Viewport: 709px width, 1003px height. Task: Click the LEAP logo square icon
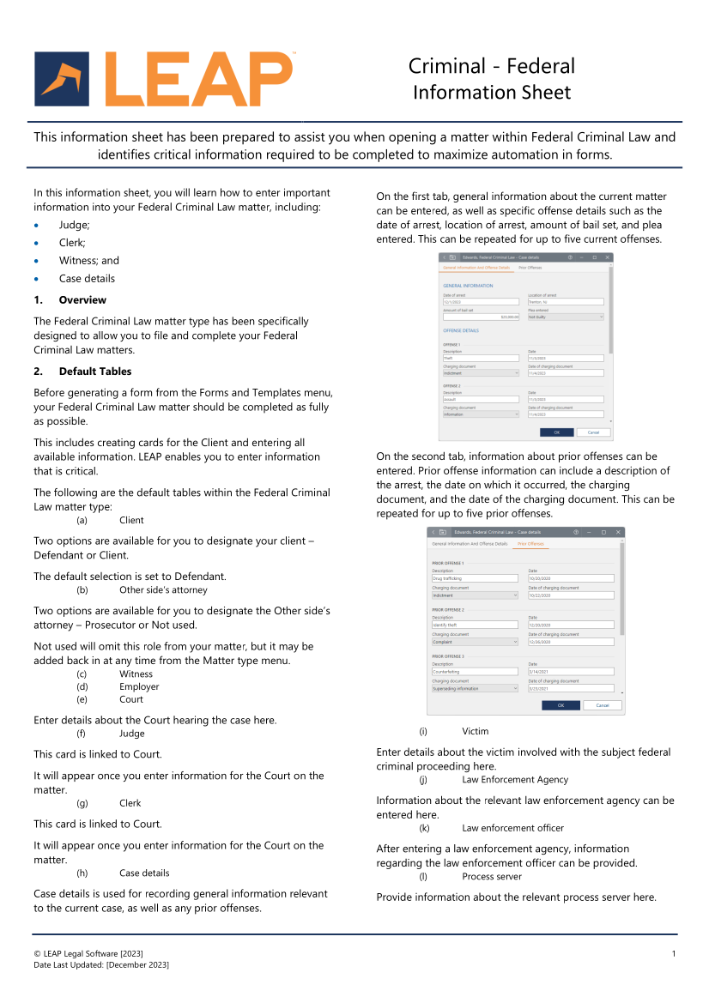62,79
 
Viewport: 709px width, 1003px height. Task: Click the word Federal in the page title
541,66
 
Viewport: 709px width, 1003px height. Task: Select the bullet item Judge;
74,225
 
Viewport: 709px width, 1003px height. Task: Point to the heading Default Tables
95,372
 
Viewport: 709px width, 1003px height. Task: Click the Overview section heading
82,300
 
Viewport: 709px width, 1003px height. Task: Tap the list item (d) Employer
139,686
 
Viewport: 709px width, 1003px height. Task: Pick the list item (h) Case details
144,873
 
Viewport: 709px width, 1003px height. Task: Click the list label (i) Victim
475,731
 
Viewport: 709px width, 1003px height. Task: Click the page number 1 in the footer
674,954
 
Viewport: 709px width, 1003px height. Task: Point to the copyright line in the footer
88,954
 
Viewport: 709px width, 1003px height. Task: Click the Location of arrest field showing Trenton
566,302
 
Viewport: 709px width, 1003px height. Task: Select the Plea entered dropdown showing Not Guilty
566,317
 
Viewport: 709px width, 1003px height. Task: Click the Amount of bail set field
481,317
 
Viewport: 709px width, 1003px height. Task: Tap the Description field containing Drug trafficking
475,578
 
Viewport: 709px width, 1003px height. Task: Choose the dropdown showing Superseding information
475,688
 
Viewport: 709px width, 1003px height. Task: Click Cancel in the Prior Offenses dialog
603,705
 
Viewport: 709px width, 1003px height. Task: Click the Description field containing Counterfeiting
475,671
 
